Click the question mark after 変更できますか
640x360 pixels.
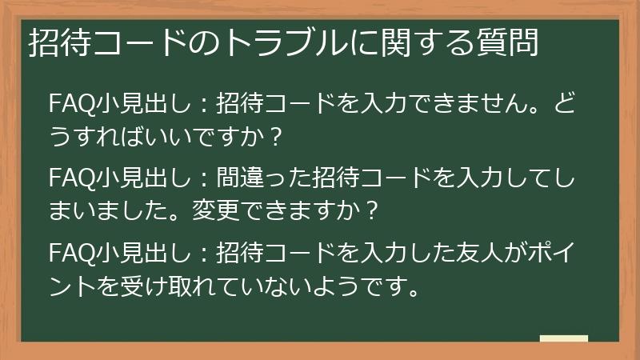(370, 212)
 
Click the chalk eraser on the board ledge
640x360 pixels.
(563, 338)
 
